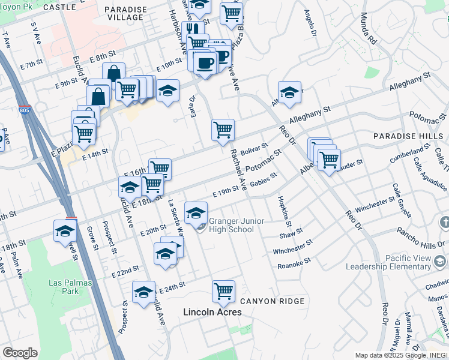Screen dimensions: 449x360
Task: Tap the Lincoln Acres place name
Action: click(212, 312)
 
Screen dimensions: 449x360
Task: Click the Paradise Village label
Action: click(124, 13)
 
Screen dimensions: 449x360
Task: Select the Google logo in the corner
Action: click(20, 353)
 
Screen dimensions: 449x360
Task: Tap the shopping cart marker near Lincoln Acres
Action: click(223, 291)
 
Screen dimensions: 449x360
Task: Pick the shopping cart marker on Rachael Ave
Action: click(223, 129)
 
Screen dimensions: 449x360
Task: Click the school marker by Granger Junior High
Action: click(196, 213)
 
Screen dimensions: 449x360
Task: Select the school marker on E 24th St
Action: click(143, 292)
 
